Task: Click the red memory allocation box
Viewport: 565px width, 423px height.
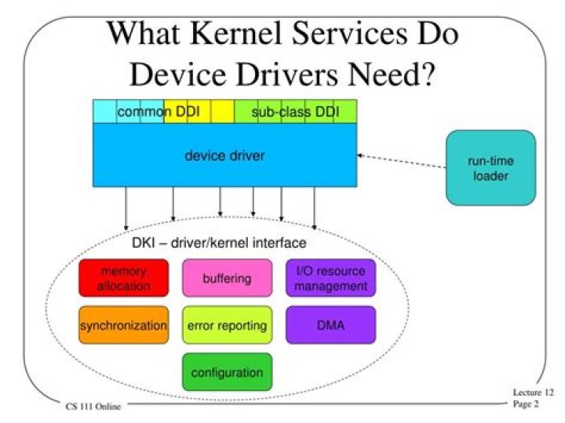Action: (124, 278)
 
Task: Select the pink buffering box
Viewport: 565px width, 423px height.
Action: (227, 278)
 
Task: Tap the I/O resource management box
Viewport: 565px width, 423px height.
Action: (331, 278)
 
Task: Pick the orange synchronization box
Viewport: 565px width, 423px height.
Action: (124, 325)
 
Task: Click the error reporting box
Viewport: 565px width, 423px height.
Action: (227, 325)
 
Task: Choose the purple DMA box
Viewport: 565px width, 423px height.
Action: (331, 325)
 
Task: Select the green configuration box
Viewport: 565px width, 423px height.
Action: (227, 372)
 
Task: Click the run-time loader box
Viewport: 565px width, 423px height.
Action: (490, 168)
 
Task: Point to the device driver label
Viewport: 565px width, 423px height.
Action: (224, 155)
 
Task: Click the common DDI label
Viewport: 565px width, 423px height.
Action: (159, 111)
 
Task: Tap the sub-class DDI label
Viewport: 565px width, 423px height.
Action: (295, 111)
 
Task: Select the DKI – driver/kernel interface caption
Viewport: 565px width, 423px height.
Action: (219, 242)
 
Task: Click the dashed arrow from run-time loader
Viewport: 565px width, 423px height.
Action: (402, 162)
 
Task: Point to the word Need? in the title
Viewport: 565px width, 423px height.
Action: (391, 75)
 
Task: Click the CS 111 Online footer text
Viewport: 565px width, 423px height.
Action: (93, 407)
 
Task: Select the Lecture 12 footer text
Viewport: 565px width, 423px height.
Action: (533, 392)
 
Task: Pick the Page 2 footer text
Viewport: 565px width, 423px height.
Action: (526, 404)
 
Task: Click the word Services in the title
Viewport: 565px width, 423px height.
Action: (349, 33)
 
